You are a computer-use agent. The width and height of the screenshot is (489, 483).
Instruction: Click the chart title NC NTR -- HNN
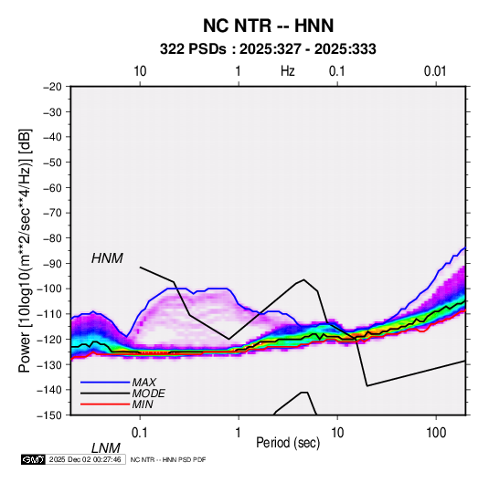pos(268,26)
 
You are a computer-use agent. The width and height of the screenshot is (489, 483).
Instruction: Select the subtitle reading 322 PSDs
pos(193,49)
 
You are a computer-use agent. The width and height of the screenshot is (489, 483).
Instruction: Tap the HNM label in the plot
pos(107,258)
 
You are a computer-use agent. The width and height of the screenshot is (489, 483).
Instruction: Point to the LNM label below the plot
pos(105,448)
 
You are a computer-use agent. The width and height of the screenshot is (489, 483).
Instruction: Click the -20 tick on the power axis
pos(52,87)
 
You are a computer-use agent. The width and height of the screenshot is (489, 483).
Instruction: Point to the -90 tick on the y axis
pos(52,263)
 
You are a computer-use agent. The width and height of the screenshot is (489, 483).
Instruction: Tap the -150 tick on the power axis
pos(50,415)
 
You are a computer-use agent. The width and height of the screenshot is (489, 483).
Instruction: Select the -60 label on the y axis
pos(52,187)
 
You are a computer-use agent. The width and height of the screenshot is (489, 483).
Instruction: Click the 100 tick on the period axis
pos(436,433)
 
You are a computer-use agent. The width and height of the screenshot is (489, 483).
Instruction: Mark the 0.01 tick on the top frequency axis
pos(435,71)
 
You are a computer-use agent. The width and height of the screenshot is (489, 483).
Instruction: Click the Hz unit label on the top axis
pos(288,71)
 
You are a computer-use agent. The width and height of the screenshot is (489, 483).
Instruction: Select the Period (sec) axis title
pos(288,443)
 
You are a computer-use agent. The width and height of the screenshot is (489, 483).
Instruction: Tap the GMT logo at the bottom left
pos(34,459)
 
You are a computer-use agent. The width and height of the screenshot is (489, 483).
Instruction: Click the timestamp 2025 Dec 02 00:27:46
pos(85,459)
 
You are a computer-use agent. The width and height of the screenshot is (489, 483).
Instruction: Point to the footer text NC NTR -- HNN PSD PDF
pos(168,459)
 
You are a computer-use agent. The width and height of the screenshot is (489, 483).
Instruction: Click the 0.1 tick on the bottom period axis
pos(140,433)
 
